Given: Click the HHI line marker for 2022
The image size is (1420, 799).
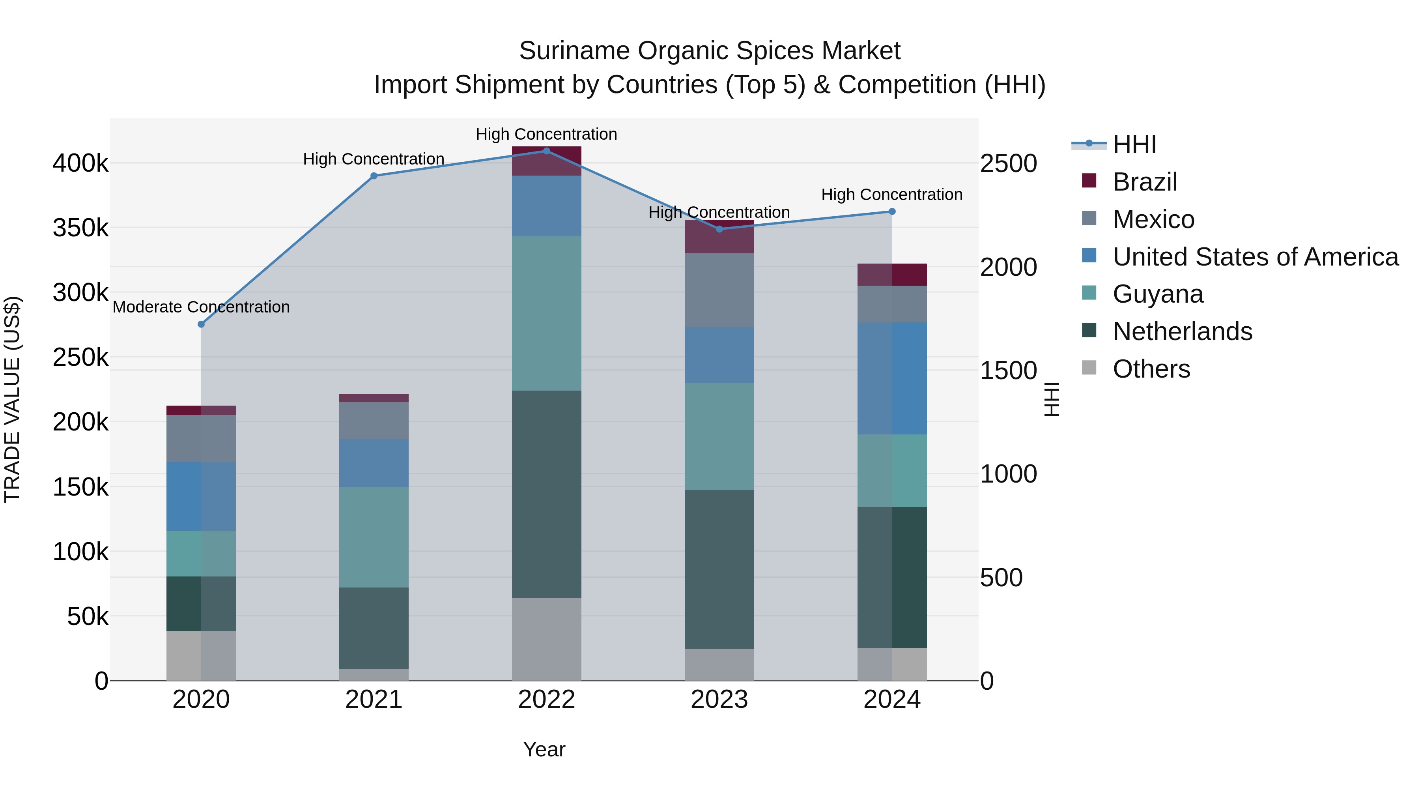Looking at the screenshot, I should tap(546, 151).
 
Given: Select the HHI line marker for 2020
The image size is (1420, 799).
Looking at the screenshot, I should tap(201, 324).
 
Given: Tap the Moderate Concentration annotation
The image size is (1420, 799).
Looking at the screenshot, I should tap(201, 307).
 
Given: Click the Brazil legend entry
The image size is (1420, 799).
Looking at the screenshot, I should tap(1144, 182).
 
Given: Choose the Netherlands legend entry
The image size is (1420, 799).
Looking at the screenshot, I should tap(1182, 331).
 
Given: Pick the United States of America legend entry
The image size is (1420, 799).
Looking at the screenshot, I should tap(1255, 257).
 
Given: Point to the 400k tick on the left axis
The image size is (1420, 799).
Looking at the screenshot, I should tap(80, 164).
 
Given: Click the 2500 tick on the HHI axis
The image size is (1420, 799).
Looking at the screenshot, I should tap(1008, 164).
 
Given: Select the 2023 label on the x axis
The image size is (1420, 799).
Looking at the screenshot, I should tap(719, 700).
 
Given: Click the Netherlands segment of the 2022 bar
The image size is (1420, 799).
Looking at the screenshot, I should tap(546, 494).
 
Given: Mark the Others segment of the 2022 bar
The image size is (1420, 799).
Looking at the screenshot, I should tap(546, 638).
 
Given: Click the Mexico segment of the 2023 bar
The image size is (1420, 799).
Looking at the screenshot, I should tap(719, 290).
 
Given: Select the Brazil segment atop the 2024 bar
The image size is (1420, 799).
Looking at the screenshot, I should tap(892, 275).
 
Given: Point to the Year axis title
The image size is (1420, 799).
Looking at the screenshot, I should tap(544, 749).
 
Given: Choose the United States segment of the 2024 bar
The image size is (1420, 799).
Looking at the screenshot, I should tap(892, 378).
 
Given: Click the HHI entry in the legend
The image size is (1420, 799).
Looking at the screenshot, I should tap(1134, 144).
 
